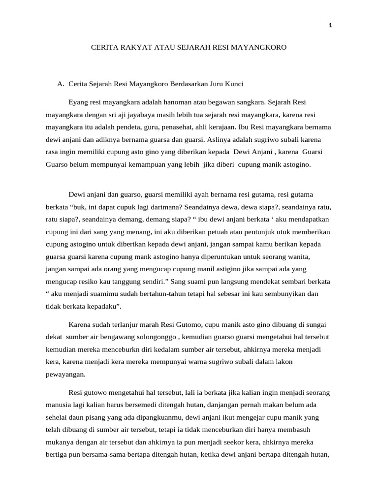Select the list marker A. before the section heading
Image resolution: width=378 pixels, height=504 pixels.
(62, 84)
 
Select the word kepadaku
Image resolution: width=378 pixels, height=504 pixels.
(103, 307)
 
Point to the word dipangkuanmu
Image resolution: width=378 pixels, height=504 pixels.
(165, 417)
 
